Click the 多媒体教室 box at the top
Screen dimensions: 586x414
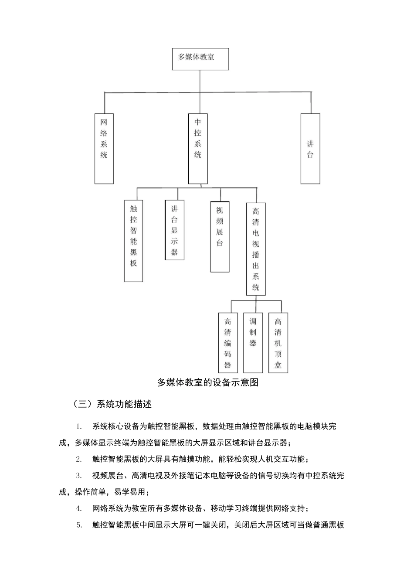coord(200,59)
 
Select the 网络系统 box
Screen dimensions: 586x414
coord(104,148)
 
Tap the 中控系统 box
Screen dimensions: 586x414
coord(198,148)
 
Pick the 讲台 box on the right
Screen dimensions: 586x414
coord(310,148)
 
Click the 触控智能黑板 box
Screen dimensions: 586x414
coord(134,241)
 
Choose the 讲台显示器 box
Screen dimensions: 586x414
coord(175,230)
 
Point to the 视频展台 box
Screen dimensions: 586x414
coord(220,236)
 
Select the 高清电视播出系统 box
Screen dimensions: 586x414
coord(256,249)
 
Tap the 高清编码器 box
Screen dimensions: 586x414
coord(228,342)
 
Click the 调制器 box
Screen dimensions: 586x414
coord(253,342)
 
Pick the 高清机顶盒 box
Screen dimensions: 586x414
coord(278,342)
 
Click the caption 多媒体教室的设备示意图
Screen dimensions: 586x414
coord(208,382)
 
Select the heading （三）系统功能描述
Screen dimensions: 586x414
coord(112,404)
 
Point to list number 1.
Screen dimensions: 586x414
coord(79,426)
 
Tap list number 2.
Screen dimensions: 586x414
coord(79,459)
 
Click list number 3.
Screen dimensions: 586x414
coord(79,476)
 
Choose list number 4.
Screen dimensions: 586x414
coord(79,508)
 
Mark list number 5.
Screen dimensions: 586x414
coord(79,525)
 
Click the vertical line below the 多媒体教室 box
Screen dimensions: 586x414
coord(200,81)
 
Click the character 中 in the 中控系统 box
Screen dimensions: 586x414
coord(198,122)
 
